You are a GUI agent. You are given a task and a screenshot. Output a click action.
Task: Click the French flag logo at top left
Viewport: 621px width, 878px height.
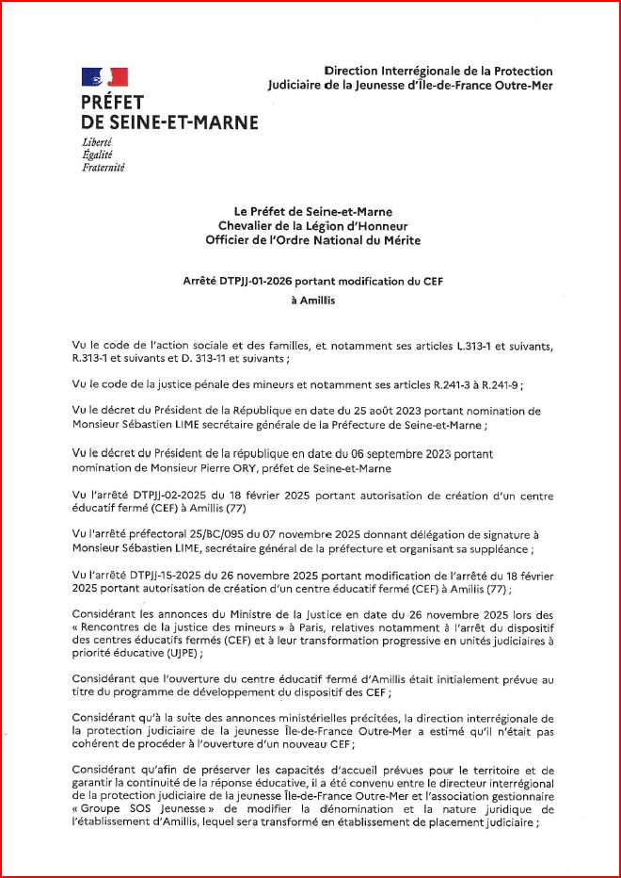pyautogui.click(x=104, y=77)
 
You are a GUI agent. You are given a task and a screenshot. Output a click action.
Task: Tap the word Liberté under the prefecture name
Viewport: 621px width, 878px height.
pyautogui.click(x=97, y=141)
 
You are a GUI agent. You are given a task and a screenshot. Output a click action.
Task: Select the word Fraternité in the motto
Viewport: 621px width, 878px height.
pyautogui.click(x=103, y=168)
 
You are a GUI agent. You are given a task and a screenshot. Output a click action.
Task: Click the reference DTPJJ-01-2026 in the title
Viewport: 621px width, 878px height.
pyautogui.click(x=262, y=281)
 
